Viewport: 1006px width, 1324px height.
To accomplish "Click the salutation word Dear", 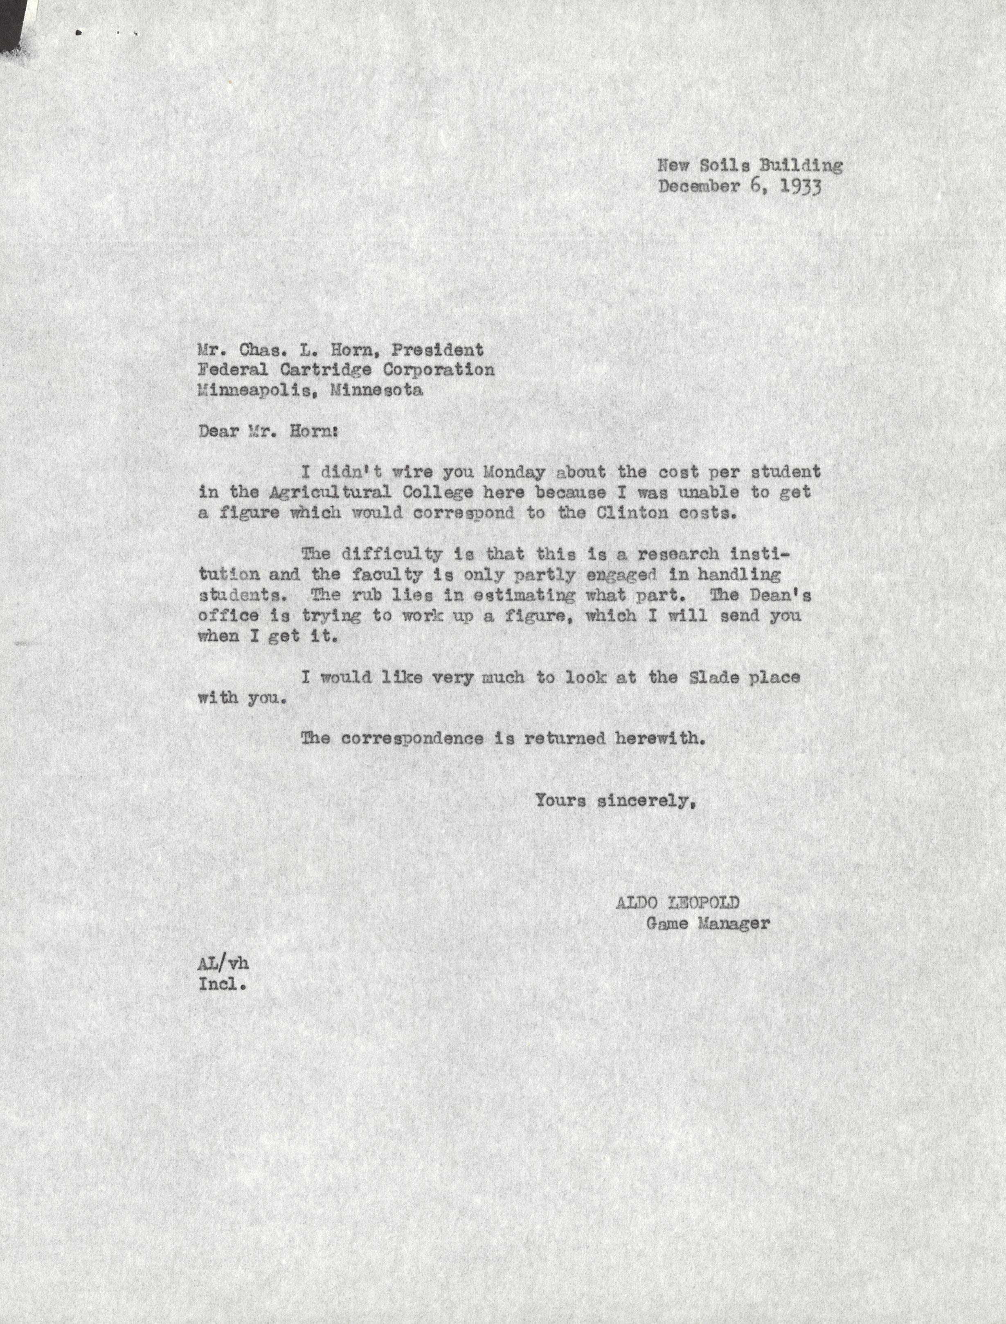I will (x=218, y=431).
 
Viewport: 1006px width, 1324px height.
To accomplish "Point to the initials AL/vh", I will (x=223, y=964).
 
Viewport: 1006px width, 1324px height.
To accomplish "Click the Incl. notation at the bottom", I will (x=222, y=984).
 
